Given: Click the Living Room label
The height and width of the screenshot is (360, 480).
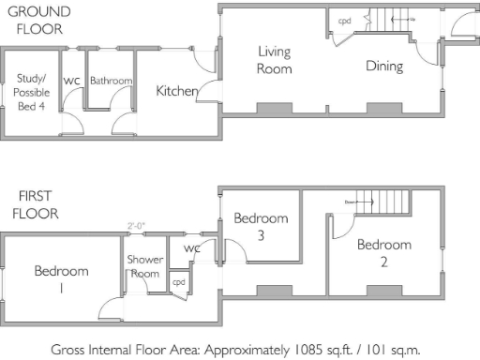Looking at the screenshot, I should click(x=275, y=61).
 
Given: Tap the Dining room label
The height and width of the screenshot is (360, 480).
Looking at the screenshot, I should click(x=384, y=66).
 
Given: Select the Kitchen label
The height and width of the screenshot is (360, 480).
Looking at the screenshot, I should click(x=176, y=91).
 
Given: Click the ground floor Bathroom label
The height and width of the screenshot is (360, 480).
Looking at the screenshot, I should click(x=111, y=82).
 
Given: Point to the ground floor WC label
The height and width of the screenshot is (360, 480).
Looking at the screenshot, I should click(x=71, y=82).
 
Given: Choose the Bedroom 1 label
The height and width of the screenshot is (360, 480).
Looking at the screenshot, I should click(x=61, y=279).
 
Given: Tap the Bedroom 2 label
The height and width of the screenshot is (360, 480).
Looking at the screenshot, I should click(x=383, y=252).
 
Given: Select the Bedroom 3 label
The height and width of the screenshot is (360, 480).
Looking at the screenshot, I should click(x=260, y=227).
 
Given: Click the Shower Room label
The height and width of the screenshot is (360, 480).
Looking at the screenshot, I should click(x=145, y=265).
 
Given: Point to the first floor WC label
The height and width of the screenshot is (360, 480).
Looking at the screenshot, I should click(x=192, y=248).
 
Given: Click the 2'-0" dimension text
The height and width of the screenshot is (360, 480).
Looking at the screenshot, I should click(x=137, y=225).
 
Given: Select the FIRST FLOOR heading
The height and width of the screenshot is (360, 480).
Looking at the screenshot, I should click(x=37, y=205).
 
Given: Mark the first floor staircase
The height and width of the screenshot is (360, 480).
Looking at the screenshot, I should click(x=384, y=201).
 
